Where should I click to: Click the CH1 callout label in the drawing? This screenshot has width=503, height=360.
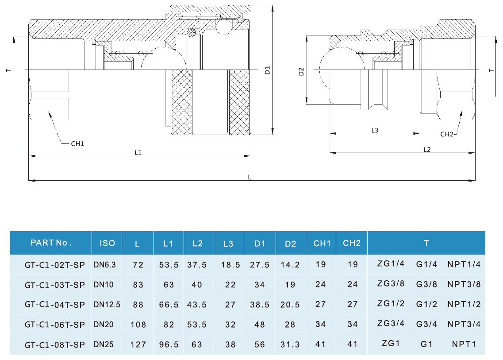click(77, 144)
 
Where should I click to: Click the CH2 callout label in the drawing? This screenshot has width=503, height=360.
click(447, 134)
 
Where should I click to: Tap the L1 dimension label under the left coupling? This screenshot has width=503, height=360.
click(138, 152)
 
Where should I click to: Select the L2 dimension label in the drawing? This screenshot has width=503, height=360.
click(427, 150)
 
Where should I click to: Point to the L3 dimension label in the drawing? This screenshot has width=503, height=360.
click(375, 130)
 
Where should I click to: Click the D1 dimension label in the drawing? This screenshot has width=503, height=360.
click(267, 70)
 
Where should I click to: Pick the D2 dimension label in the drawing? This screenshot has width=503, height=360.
click(301, 72)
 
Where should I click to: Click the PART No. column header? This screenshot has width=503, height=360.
click(51, 243)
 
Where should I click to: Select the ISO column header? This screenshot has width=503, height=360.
click(107, 243)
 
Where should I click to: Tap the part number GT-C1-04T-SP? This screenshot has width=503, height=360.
click(55, 304)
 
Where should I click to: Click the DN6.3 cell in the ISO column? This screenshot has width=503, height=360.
click(104, 265)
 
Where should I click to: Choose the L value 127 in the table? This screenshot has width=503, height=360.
click(138, 344)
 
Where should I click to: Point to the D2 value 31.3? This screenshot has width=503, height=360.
click(290, 344)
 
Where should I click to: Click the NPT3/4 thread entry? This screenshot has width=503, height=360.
click(464, 324)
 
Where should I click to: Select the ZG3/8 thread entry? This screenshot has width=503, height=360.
click(391, 284)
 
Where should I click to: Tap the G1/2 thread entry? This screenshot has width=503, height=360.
click(426, 304)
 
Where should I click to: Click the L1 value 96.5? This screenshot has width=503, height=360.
click(169, 344)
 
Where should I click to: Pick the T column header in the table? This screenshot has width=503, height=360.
click(426, 243)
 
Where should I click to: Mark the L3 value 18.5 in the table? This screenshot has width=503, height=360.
click(230, 265)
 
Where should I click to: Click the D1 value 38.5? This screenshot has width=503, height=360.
click(260, 304)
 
